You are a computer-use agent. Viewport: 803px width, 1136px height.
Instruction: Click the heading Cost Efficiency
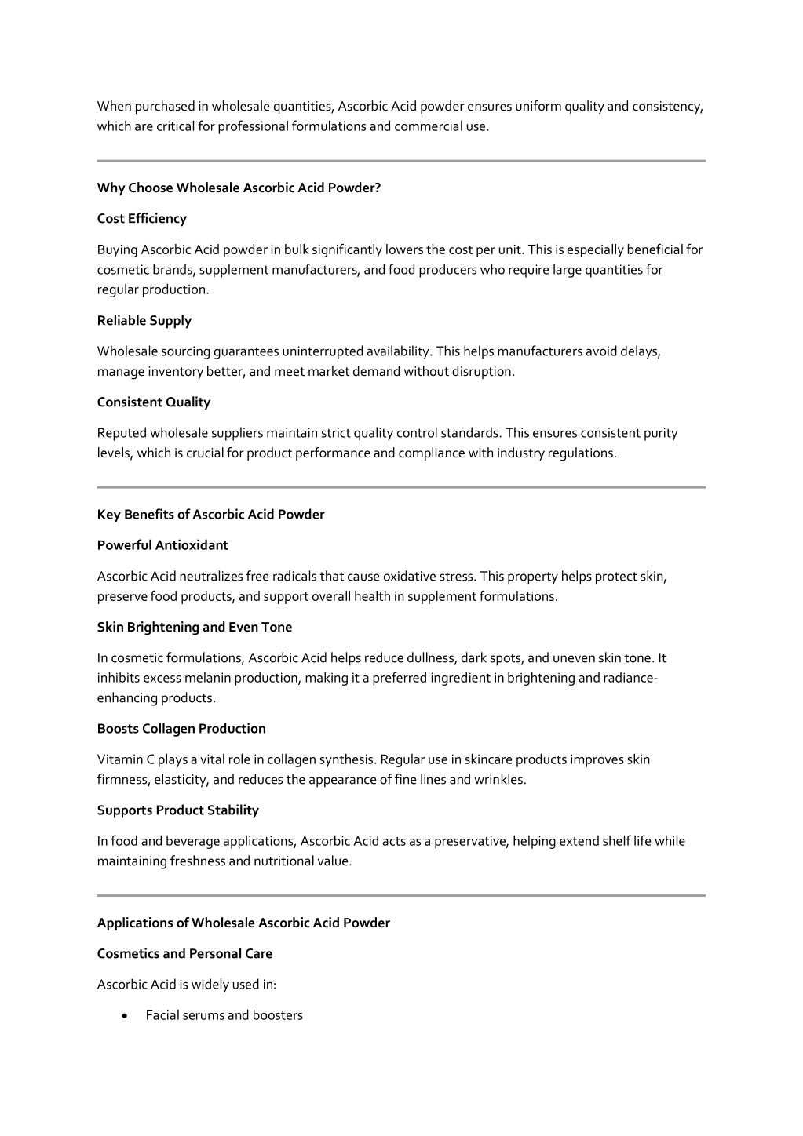tap(141, 219)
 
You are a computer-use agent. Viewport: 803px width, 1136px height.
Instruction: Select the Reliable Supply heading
tap(144, 321)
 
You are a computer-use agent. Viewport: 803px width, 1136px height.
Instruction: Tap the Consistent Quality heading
tap(153, 402)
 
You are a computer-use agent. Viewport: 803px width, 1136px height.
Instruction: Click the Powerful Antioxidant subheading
tap(162, 545)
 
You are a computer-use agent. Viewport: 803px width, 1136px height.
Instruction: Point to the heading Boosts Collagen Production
tap(181, 729)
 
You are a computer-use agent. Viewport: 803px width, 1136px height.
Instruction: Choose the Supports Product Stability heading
tap(177, 810)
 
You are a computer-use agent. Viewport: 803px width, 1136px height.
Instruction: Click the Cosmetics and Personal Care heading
tap(184, 954)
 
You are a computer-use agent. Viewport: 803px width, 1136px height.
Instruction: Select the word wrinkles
tap(499, 780)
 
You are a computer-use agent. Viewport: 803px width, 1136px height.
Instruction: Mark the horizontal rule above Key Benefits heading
tap(401, 487)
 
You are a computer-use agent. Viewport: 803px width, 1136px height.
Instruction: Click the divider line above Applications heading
tap(401, 895)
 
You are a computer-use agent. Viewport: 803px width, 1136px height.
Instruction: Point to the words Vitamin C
tap(125, 759)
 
